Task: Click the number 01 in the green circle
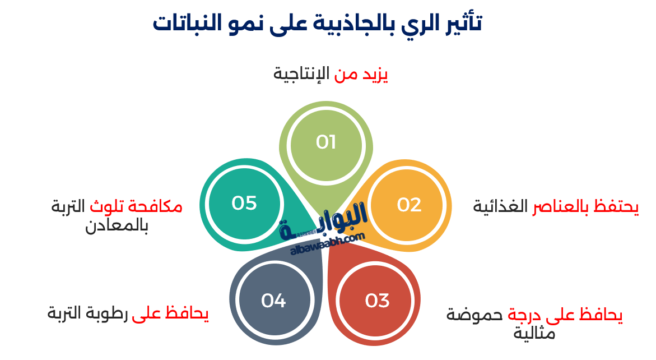(325, 142)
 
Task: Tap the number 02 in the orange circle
(409, 205)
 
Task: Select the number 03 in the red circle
(377, 301)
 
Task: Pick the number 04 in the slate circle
(273, 301)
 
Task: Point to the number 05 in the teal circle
(244, 203)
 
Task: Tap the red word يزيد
(376, 75)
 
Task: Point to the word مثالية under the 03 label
(534, 333)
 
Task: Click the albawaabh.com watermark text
(328, 245)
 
